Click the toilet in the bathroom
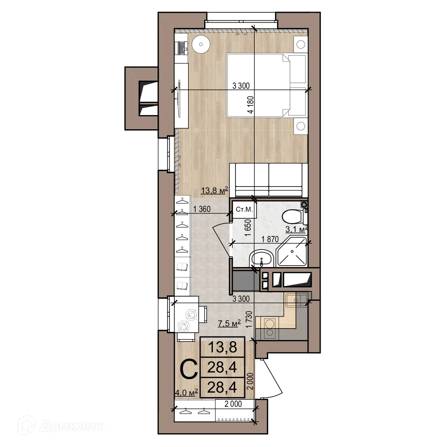pos(293,216)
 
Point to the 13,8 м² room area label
pos(214,191)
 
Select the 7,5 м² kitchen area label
pos(229,323)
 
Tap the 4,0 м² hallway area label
pos(186,392)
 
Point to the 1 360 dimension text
pos(202,209)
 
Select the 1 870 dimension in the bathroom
pos(270,240)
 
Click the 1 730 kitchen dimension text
pos(250,319)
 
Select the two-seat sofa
pos(269,180)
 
